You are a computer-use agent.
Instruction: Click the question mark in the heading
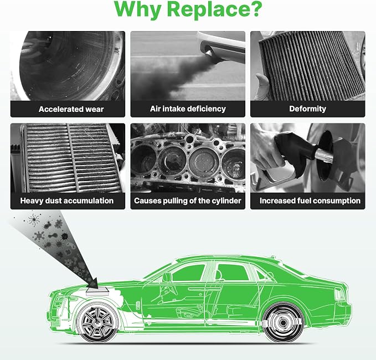(x=254, y=9)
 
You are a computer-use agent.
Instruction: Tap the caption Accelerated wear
(x=71, y=109)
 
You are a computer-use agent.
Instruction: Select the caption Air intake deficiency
(x=188, y=109)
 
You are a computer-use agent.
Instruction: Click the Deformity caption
(x=308, y=109)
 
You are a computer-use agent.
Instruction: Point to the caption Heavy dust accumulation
(x=67, y=200)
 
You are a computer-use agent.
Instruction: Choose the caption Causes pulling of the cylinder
(x=188, y=200)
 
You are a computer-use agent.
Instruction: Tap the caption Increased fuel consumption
(x=310, y=200)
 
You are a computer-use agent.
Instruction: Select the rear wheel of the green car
(x=283, y=323)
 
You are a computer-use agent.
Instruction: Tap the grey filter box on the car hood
(x=97, y=291)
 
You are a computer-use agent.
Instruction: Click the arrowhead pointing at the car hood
(x=93, y=282)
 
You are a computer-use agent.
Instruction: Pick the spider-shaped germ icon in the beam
(x=34, y=219)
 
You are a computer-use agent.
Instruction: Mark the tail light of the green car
(x=340, y=294)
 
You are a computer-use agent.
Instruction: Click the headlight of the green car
(x=59, y=300)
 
